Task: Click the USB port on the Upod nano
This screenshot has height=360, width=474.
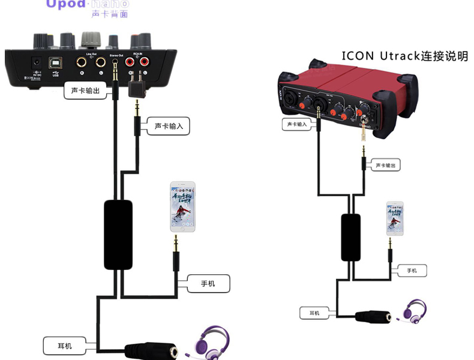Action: [55, 62]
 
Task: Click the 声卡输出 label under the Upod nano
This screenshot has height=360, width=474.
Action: [85, 91]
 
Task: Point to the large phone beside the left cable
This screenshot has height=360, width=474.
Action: [182, 207]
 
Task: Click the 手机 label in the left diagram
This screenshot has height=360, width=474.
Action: [208, 283]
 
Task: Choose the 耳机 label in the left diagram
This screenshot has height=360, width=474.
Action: [65, 345]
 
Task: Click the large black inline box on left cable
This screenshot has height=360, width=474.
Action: [118, 235]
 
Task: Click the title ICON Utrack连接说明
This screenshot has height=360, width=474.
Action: [404, 56]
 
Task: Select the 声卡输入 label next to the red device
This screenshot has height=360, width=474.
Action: [296, 124]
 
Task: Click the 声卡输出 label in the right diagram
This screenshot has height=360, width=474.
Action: [386, 165]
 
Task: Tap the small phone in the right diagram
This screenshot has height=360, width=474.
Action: [395, 218]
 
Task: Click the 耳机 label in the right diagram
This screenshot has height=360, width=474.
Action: [314, 313]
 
